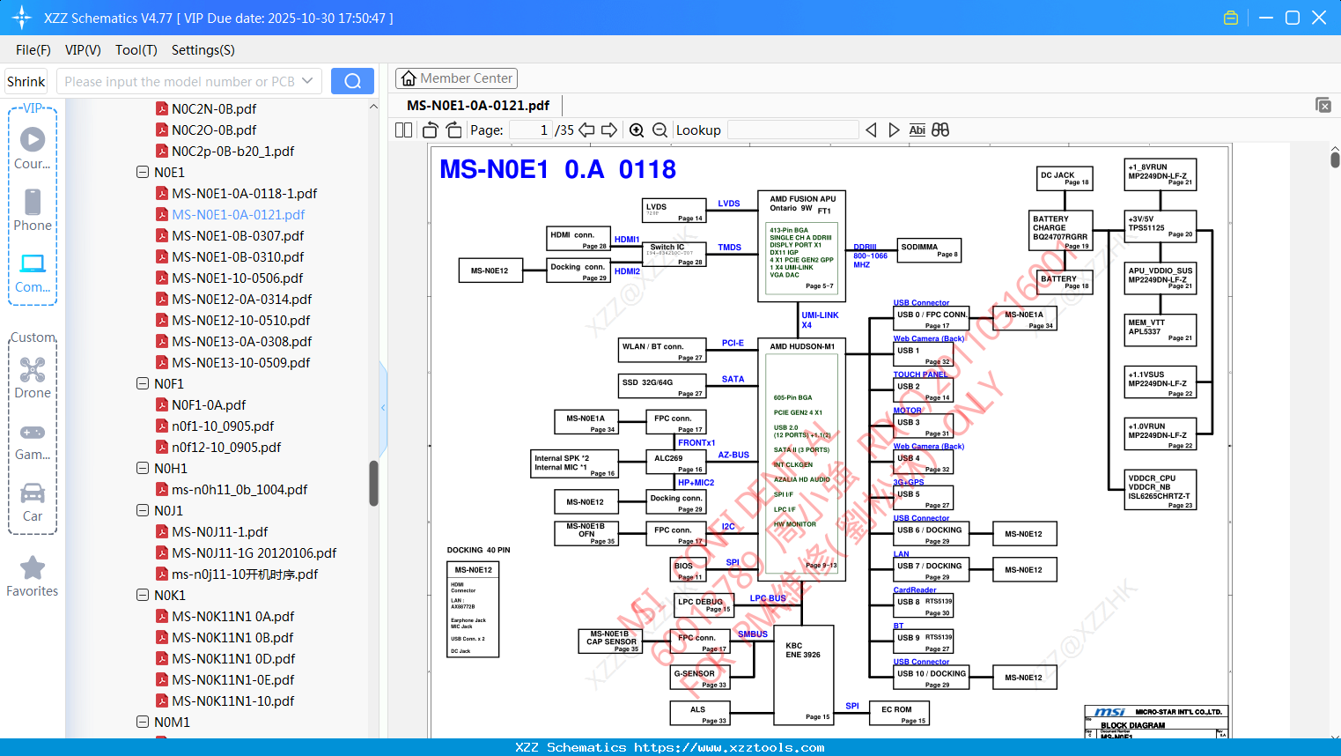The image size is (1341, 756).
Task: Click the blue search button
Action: pyautogui.click(x=352, y=81)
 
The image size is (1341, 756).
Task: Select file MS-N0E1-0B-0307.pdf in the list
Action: pyautogui.click(x=238, y=236)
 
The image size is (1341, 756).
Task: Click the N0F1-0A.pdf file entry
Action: pyautogui.click(x=209, y=405)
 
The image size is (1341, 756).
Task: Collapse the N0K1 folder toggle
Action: pyautogui.click(x=143, y=596)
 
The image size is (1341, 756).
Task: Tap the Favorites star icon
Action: pyautogui.click(x=33, y=568)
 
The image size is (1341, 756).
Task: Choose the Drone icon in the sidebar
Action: pyautogui.click(x=33, y=370)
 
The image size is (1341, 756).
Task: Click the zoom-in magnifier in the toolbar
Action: pyautogui.click(x=637, y=130)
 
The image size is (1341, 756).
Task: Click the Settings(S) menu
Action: pyautogui.click(x=203, y=50)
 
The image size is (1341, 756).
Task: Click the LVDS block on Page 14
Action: pyautogui.click(x=674, y=211)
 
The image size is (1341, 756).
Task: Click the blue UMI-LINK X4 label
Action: pyautogui.click(x=820, y=320)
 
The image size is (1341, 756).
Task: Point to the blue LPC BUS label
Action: pyautogui.click(x=768, y=598)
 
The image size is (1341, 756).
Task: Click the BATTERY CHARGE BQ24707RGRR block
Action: pyautogui.click(x=1061, y=231)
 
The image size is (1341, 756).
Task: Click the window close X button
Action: pyautogui.click(x=1319, y=18)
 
